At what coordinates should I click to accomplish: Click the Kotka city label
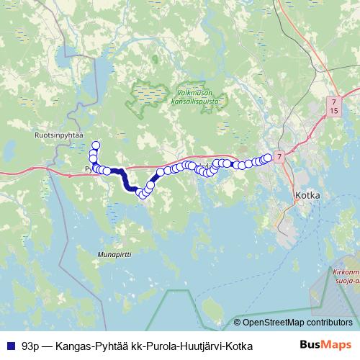[312, 194]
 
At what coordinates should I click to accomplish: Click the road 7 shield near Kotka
[279, 156]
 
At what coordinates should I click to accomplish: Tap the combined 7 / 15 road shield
[333, 107]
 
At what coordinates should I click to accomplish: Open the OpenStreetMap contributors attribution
[292, 323]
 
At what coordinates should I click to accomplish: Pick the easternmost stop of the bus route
[268, 157]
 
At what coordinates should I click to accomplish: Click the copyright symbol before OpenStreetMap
[238, 323]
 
